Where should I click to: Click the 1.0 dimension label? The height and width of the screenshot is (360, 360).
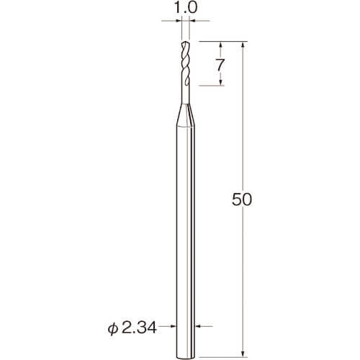click(186, 8)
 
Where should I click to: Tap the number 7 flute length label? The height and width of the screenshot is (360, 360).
click(220, 65)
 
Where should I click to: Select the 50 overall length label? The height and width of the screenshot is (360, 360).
click(242, 199)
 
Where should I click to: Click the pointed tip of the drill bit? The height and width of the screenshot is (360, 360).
click(184, 42)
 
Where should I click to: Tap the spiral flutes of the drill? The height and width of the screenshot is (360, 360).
click(186, 63)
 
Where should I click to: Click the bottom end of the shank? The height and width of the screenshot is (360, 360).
click(186, 359)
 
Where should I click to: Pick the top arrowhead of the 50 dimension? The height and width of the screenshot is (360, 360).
click(243, 45)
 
